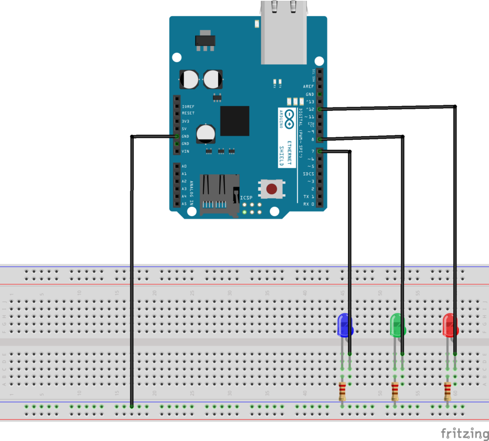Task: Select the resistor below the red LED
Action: coord(447,392)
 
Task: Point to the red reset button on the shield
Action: coord(271,189)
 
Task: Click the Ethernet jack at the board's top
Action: coord(283,33)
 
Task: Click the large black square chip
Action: coord(234,121)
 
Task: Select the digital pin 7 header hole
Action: coord(319,151)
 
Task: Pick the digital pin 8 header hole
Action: coord(319,139)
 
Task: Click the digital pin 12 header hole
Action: coord(319,109)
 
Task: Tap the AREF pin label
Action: coord(308,87)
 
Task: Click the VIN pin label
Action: coord(185,151)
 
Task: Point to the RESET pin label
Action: coord(188,114)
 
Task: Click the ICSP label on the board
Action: coord(246,197)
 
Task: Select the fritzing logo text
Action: coord(465,433)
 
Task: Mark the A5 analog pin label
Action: coord(184,204)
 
